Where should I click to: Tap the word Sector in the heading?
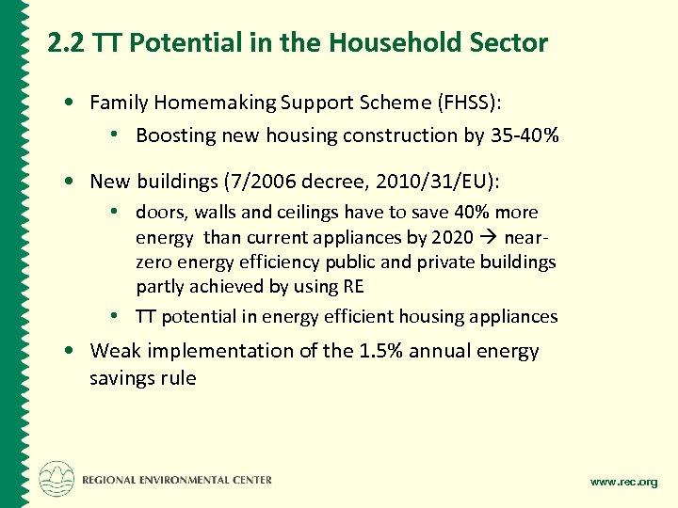click(512, 42)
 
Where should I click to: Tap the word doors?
click(158, 213)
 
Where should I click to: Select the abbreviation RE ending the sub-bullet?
click(351, 286)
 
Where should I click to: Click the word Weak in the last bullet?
click(114, 351)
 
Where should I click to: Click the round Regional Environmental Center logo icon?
click(56, 478)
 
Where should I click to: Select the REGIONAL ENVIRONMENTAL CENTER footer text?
click(177, 480)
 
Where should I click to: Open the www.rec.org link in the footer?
click(623, 482)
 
